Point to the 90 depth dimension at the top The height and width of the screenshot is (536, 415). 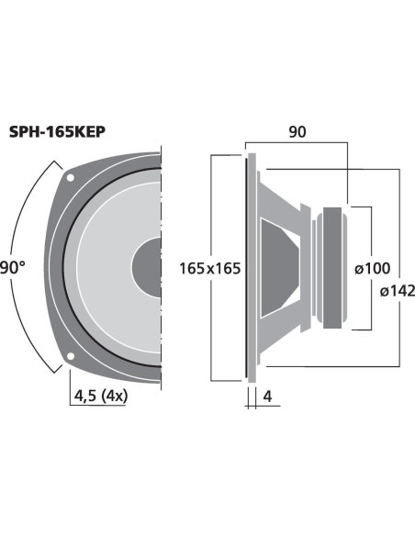(297, 132)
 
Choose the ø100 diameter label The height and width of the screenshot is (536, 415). (372, 268)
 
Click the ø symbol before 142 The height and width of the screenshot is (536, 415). (382, 291)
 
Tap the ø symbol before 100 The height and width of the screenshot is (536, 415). (358, 268)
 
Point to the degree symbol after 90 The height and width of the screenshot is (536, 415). (22, 264)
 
